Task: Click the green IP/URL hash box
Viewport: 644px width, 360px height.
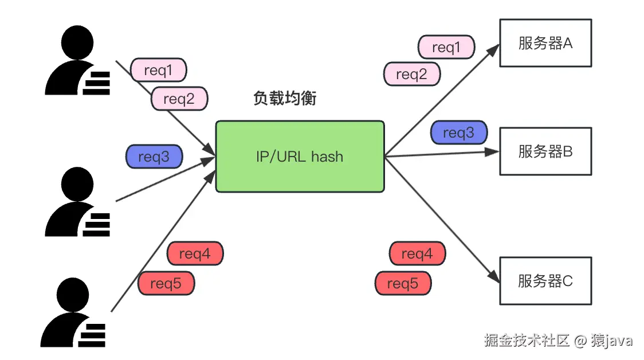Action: tap(300, 156)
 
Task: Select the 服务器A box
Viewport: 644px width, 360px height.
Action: tap(545, 43)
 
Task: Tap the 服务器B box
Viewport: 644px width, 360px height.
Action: tap(545, 151)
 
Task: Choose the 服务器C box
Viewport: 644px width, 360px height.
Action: tap(545, 281)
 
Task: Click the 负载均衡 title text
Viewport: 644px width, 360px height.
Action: tap(285, 98)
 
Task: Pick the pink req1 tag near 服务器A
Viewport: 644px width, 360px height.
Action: tap(446, 47)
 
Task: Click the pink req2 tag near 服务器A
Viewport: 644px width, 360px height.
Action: tap(411, 74)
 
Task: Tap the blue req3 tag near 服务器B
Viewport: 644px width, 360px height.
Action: tap(459, 132)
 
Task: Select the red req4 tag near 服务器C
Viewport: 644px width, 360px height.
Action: tap(417, 253)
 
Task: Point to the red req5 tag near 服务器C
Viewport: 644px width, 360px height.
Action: tap(403, 283)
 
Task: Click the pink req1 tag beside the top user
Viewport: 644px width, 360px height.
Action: tap(159, 70)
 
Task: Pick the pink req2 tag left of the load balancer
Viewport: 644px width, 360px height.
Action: tap(179, 99)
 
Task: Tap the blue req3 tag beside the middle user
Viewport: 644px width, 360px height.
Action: tap(154, 156)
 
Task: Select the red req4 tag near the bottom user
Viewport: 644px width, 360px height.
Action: tap(195, 253)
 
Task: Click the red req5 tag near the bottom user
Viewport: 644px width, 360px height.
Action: tap(166, 283)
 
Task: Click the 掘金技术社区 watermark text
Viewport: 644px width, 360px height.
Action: tap(527, 341)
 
